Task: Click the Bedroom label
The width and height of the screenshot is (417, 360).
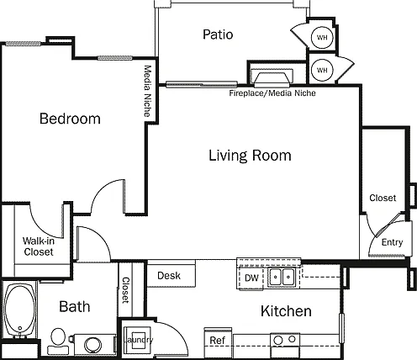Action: (70, 119)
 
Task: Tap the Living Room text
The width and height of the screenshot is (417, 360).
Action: (250, 156)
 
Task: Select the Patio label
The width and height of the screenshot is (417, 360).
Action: (218, 34)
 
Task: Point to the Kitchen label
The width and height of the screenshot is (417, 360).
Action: (286, 311)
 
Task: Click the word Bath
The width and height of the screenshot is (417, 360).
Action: (75, 306)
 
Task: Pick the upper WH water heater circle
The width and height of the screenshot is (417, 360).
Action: (322, 37)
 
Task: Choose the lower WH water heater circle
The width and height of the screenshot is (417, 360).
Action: (322, 70)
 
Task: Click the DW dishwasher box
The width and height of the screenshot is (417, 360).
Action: (251, 278)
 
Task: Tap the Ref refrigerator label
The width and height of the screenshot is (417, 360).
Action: (218, 341)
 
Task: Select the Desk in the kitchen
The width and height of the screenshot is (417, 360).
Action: (172, 275)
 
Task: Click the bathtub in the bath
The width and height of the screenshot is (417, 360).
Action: (19, 310)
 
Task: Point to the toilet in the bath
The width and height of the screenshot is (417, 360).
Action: (58, 341)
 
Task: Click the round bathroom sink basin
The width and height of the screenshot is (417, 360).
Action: (92, 345)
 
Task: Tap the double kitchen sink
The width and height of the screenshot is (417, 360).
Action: (281, 277)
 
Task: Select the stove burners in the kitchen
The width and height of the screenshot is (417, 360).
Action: (285, 340)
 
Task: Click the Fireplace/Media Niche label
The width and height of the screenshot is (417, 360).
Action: (272, 93)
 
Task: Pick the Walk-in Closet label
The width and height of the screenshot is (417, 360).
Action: (39, 246)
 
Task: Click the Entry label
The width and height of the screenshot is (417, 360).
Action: (392, 242)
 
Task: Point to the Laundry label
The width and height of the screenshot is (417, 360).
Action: (139, 340)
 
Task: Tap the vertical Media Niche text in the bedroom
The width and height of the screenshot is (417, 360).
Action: (148, 91)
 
